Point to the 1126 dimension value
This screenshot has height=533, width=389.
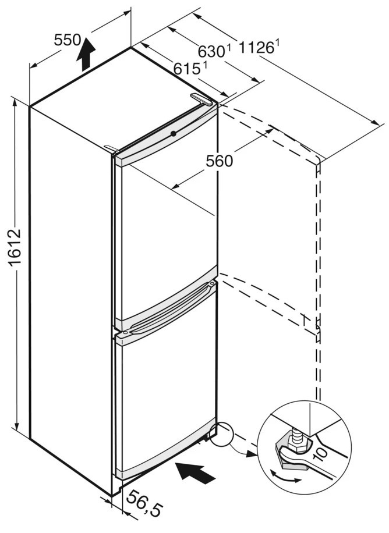click(252, 48)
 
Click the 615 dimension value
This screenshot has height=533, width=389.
click(187, 69)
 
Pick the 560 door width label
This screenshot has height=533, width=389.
click(220, 161)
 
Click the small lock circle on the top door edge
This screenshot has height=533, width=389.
click(173, 134)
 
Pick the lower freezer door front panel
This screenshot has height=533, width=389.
click(166, 401)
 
